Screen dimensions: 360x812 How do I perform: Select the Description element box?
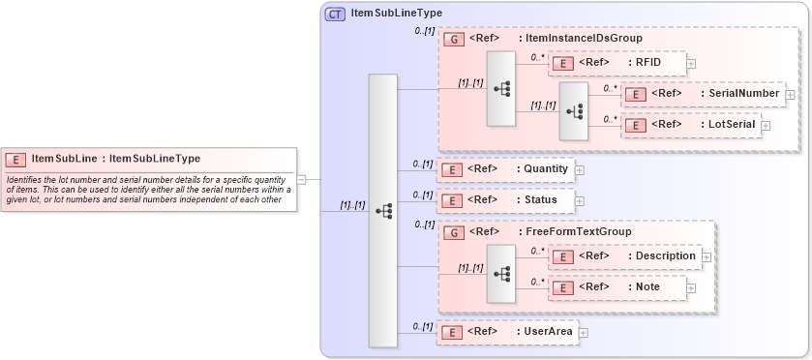point(625,256)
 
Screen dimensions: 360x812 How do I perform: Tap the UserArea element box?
point(508,332)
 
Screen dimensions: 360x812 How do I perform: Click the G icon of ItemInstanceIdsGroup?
point(452,40)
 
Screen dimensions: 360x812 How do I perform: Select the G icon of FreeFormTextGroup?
point(452,232)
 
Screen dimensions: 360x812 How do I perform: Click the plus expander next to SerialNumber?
point(791,95)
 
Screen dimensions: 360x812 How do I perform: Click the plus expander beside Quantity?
point(580,170)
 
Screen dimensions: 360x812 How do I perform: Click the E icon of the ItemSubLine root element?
point(16,159)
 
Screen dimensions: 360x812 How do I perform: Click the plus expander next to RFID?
point(691,64)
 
